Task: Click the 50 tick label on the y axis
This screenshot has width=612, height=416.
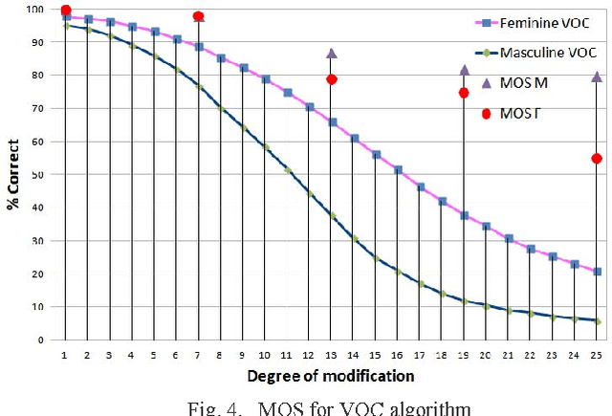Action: tap(34, 175)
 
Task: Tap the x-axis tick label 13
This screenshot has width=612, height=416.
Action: tap(331, 355)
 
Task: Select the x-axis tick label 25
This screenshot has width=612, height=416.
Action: tap(597, 355)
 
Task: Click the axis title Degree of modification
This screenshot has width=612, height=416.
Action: tap(329, 377)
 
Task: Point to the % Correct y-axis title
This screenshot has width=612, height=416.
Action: tap(13, 175)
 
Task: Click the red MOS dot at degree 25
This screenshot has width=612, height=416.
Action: tap(598, 159)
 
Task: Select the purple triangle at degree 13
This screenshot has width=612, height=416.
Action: tap(332, 54)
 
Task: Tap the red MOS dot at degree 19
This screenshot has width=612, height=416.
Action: tap(464, 93)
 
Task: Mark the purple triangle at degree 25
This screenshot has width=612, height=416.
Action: tap(598, 77)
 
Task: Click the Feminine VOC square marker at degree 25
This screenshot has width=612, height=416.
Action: tap(598, 272)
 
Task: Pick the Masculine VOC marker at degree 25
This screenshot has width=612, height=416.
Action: tap(598, 321)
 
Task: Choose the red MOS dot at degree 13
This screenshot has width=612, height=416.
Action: tap(332, 79)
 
